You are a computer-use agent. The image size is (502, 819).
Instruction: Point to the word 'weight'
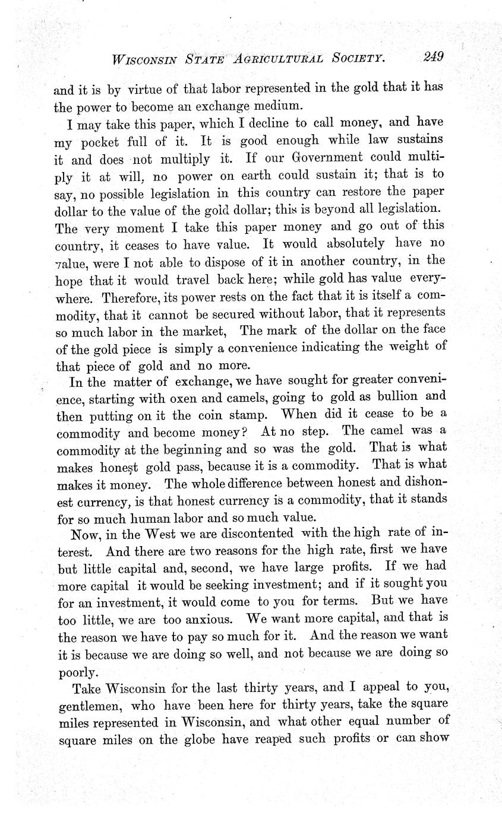(x=412, y=345)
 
